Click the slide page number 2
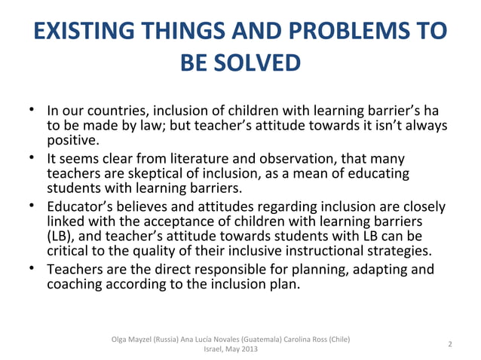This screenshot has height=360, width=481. click(x=450, y=344)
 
